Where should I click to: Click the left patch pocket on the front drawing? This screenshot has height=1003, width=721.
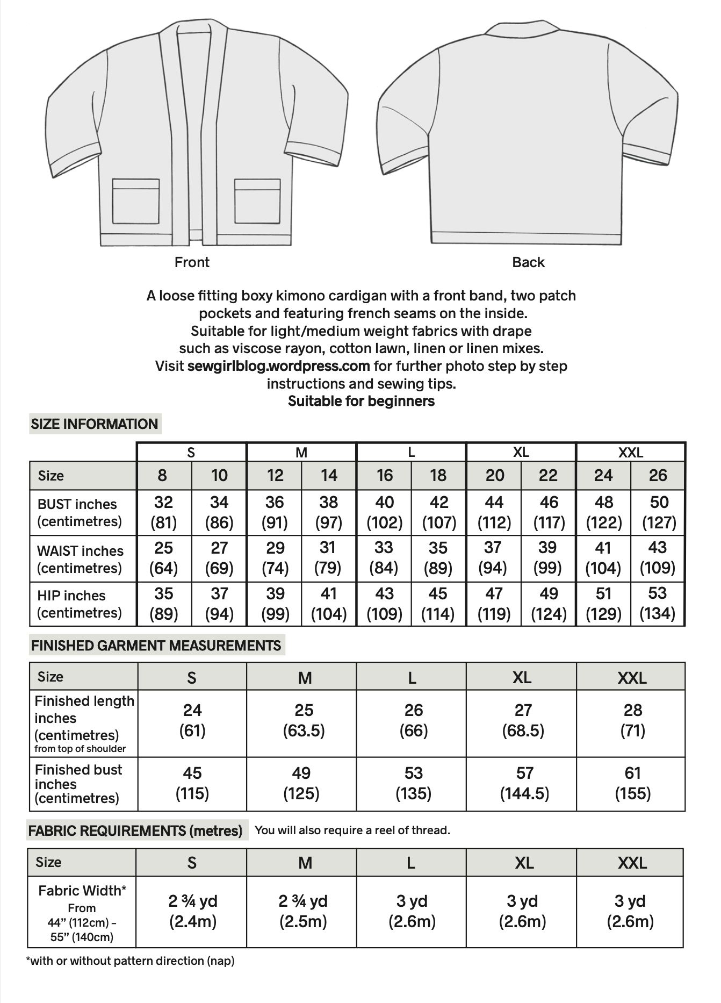[x=136, y=202]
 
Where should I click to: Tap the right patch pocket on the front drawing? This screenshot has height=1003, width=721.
[x=257, y=202]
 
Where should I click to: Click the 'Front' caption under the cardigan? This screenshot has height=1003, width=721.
[x=192, y=262]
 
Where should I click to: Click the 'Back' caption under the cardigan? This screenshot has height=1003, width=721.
[x=528, y=262]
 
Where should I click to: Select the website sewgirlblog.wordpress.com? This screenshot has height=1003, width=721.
[x=278, y=366]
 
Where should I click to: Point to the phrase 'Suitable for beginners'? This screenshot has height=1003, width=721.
[x=361, y=402]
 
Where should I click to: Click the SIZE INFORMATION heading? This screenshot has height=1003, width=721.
[x=95, y=424]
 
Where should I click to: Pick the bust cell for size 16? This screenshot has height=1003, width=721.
[x=384, y=512]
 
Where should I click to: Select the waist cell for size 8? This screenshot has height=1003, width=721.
[x=163, y=558]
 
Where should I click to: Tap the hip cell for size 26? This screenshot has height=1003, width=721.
[x=658, y=603]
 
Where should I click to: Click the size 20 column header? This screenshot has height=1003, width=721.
[x=494, y=476]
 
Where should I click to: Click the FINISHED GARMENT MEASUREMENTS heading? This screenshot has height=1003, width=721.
[x=156, y=646]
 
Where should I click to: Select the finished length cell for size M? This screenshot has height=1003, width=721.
[x=304, y=720]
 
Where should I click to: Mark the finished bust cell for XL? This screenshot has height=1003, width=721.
[x=524, y=783]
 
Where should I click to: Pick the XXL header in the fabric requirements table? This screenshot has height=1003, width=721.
[x=632, y=863]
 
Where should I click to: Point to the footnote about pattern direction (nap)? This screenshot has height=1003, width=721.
[x=131, y=961]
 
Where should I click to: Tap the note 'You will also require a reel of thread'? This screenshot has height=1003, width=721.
[x=352, y=830]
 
